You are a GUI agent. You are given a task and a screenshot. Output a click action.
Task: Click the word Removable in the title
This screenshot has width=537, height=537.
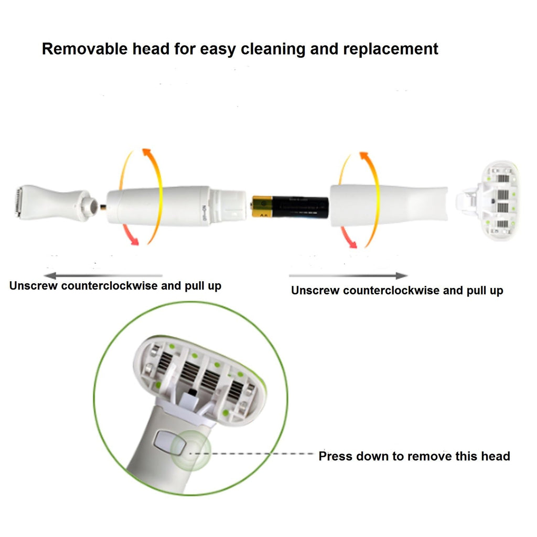click(84, 49)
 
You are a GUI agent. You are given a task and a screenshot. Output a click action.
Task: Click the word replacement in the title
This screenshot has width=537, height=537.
click(390, 49)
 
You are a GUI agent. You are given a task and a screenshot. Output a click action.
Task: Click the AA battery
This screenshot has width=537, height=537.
click(289, 207)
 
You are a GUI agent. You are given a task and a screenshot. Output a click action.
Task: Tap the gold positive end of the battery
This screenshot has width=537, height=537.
click(262, 207)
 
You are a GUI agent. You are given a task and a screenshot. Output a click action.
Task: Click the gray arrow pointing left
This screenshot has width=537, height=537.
click(103, 275)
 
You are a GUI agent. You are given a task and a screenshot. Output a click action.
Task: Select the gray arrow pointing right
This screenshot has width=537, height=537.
click(348, 275)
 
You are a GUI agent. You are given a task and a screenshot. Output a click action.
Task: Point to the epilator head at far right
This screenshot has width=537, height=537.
click(488, 201)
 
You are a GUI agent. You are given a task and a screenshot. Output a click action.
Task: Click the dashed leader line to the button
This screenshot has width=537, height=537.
click(252, 454)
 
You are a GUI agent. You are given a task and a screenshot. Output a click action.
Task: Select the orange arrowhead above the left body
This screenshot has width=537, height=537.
click(148, 154)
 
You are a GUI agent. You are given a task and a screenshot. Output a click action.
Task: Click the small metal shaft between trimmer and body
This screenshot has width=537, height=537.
click(103, 207)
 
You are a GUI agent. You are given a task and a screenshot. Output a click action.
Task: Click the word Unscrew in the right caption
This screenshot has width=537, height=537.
click(315, 291)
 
